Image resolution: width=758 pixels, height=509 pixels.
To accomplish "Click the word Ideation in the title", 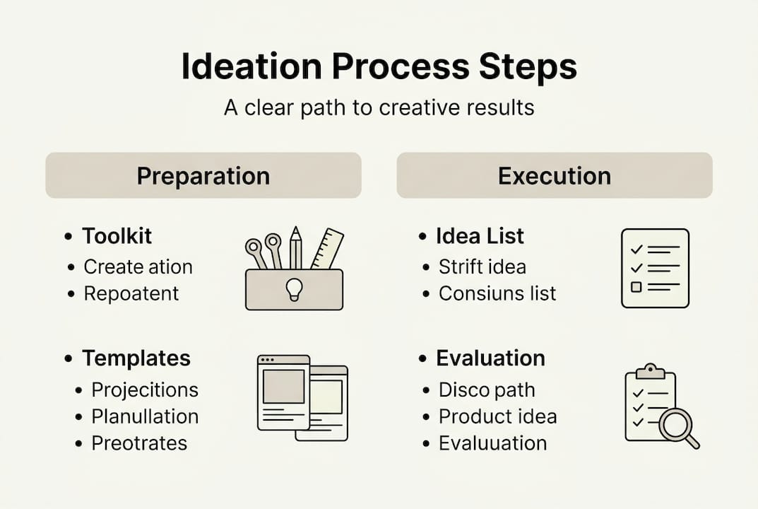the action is click(x=251, y=66).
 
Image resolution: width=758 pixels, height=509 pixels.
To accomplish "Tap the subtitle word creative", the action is click(x=413, y=107).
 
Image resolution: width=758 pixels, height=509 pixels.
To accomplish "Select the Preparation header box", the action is click(x=203, y=175).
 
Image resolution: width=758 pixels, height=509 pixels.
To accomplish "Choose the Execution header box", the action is click(x=555, y=175).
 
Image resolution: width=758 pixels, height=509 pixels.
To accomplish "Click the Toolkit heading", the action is click(x=117, y=236).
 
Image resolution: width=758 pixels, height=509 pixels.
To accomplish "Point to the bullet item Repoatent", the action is click(x=131, y=293).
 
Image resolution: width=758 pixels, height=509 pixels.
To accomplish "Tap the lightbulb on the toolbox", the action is click(x=294, y=289).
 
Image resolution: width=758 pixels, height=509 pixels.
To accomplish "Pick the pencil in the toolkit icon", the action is click(x=296, y=247).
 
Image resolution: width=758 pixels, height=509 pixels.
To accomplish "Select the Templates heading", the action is click(x=136, y=358).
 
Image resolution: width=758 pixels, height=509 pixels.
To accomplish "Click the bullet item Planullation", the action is click(x=145, y=416).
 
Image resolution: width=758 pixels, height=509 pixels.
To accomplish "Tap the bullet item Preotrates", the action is click(x=139, y=443).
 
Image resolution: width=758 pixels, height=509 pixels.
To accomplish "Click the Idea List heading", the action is click(x=480, y=236).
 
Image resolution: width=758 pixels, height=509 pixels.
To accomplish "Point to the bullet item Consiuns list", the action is click(x=497, y=293).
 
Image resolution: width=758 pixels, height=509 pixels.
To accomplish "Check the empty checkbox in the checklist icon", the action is click(x=636, y=287).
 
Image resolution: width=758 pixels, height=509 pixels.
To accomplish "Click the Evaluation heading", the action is click(x=491, y=358).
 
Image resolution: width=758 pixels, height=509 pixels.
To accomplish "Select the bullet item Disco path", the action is click(x=487, y=390).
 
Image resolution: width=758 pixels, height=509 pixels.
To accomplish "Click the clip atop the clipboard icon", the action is click(x=650, y=371).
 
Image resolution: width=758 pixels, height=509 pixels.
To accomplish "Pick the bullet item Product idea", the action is click(x=498, y=416).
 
